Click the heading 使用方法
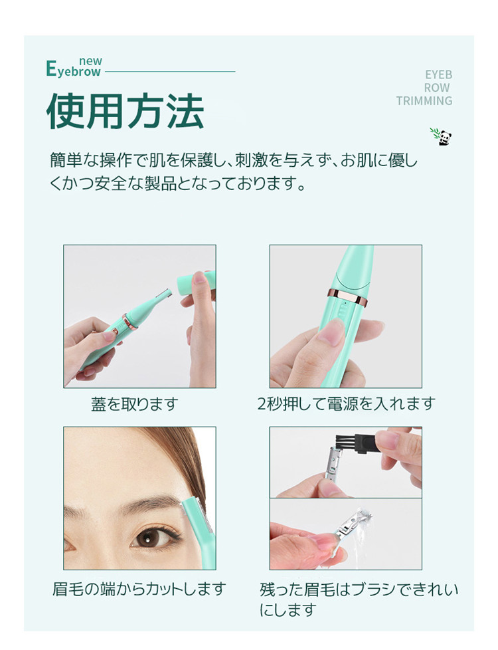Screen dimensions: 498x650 125,111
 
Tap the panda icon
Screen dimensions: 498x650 442,136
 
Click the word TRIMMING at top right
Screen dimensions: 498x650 424,101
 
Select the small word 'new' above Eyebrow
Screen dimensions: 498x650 90,61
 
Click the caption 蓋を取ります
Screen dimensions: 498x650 135,403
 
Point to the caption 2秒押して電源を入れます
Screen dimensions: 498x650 346,403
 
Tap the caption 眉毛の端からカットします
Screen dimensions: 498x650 139,588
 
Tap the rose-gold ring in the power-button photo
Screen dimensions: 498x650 347,297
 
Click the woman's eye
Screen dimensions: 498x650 153,537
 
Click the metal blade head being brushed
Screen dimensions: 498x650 335,465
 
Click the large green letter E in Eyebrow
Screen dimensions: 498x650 51,69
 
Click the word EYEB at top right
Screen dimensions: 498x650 438,75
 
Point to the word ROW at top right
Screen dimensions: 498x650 437,88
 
